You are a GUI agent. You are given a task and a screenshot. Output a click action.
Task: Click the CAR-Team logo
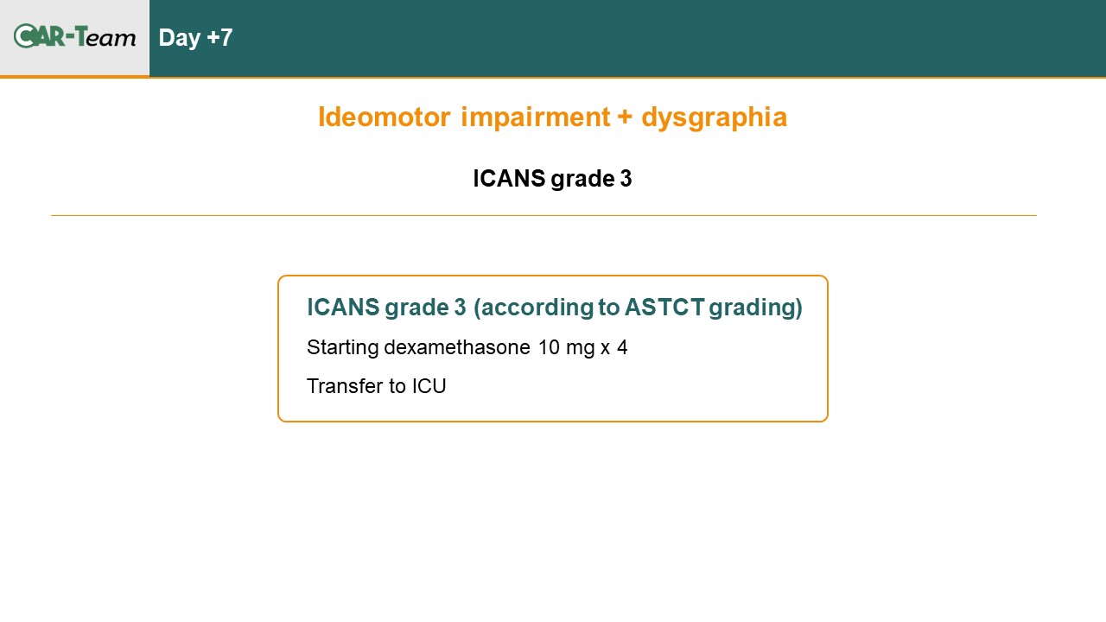pos(74,36)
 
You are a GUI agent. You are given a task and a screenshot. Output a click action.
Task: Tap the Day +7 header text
pos(195,38)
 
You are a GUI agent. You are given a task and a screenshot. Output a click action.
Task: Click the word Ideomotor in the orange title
pos(385,117)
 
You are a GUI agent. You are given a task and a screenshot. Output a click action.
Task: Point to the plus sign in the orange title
pos(625,117)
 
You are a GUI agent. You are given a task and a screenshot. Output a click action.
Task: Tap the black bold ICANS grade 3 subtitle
pos(552,179)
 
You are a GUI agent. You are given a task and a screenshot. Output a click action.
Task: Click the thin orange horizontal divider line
pos(544,215)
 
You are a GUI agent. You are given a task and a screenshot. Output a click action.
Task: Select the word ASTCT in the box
pos(664,307)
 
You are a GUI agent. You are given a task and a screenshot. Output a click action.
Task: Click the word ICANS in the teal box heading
pos(343,307)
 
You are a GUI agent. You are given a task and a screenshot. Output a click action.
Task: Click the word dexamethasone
pos(457,347)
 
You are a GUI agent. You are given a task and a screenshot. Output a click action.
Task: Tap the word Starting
pos(343,348)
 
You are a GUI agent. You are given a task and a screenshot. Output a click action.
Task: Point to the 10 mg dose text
pos(566,348)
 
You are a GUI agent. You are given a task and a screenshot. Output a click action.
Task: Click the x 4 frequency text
pos(613,347)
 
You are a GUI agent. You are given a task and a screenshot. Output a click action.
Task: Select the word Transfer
pos(345,386)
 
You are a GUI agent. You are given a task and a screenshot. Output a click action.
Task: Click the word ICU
pos(429,386)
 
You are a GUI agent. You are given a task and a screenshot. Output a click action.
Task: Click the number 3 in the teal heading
pos(460,307)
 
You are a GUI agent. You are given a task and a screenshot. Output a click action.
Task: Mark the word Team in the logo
pos(105,36)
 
